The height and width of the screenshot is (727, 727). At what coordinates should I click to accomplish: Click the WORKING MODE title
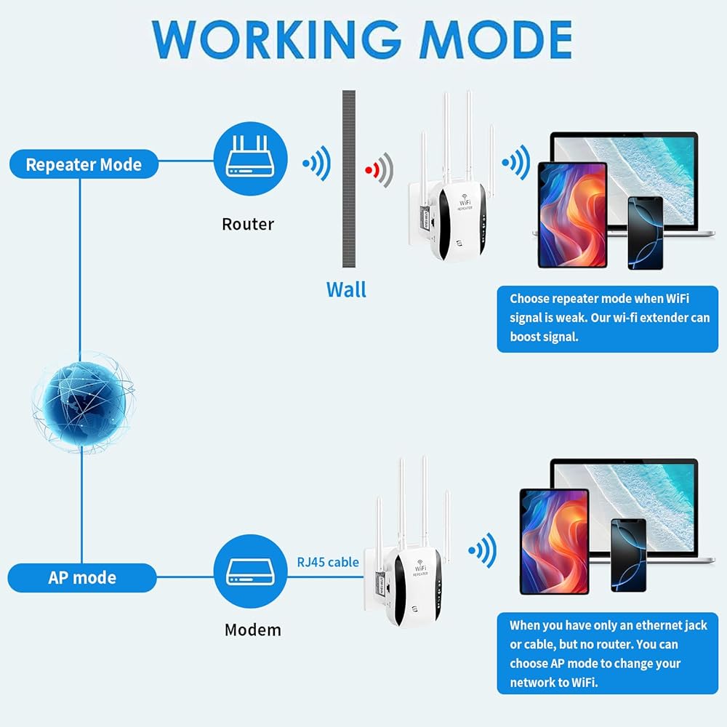pyautogui.click(x=362, y=40)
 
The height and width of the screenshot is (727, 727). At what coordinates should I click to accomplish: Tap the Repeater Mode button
pyautogui.click(x=84, y=164)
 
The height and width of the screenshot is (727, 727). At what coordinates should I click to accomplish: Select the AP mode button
pyautogui.click(x=82, y=578)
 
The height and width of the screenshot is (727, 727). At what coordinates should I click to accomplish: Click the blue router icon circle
pyautogui.click(x=250, y=158)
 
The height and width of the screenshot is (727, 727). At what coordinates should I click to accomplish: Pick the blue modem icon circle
pyautogui.click(x=250, y=571)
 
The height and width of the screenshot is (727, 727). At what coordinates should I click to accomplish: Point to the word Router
pyautogui.click(x=248, y=225)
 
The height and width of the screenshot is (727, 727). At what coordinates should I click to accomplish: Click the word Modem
pyautogui.click(x=253, y=630)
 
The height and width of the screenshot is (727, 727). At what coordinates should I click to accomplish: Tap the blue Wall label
pyautogui.click(x=346, y=290)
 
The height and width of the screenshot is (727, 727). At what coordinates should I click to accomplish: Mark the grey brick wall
pyautogui.click(x=349, y=179)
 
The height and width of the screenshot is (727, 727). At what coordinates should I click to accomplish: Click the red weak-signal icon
pyautogui.click(x=379, y=170)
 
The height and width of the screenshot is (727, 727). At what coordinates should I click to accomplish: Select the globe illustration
pyautogui.click(x=84, y=402)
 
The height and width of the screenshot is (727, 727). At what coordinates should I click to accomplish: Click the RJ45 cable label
pyautogui.click(x=328, y=563)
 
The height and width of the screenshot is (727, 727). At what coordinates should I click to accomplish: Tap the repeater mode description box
pyautogui.click(x=607, y=319)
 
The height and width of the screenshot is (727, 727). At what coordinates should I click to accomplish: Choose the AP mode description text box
pyautogui.click(x=607, y=654)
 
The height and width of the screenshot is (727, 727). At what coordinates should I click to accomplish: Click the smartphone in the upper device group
pyautogui.click(x=646, y=233)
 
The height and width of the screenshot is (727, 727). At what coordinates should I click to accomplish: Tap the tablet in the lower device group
pyautogui.click(x=555, y=542)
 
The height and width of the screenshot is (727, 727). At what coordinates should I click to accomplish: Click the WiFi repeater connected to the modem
pyautogui.click(x=407, y=542)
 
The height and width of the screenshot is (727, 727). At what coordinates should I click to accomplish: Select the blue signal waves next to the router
pyautogui.click(x=317, y=163)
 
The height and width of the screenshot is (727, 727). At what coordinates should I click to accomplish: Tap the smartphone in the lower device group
pyautogui.click(x=629, y=555)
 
